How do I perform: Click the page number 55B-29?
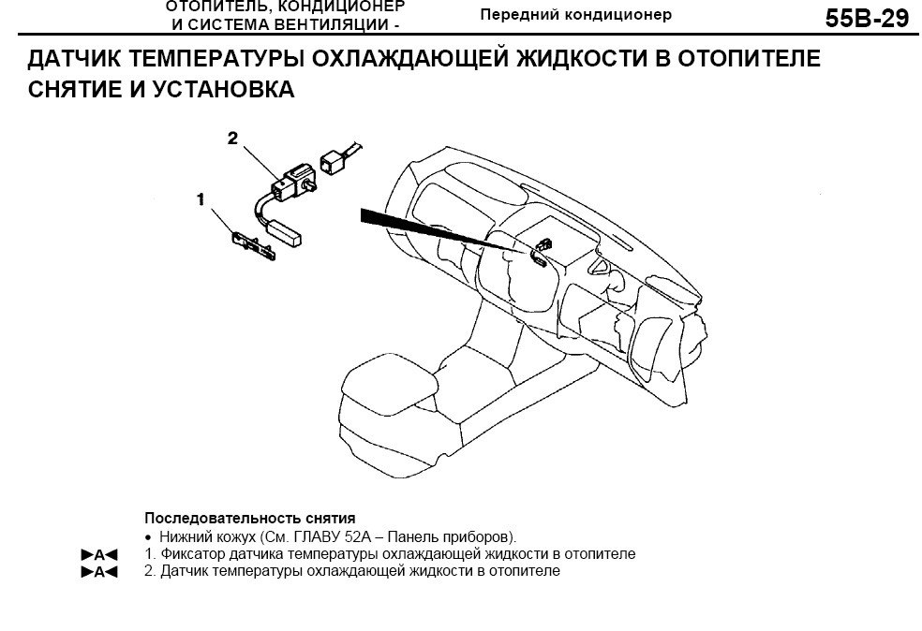coord(868,18)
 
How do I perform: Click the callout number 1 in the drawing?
coord(201,199)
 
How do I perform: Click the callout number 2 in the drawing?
coord(233,138)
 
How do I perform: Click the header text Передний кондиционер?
coord(575,15)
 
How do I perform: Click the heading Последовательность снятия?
coord(250,519)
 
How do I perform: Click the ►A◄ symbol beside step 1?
coord(99,554)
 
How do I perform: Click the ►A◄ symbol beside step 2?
coord(99,571)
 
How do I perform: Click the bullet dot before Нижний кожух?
coord(149,537)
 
